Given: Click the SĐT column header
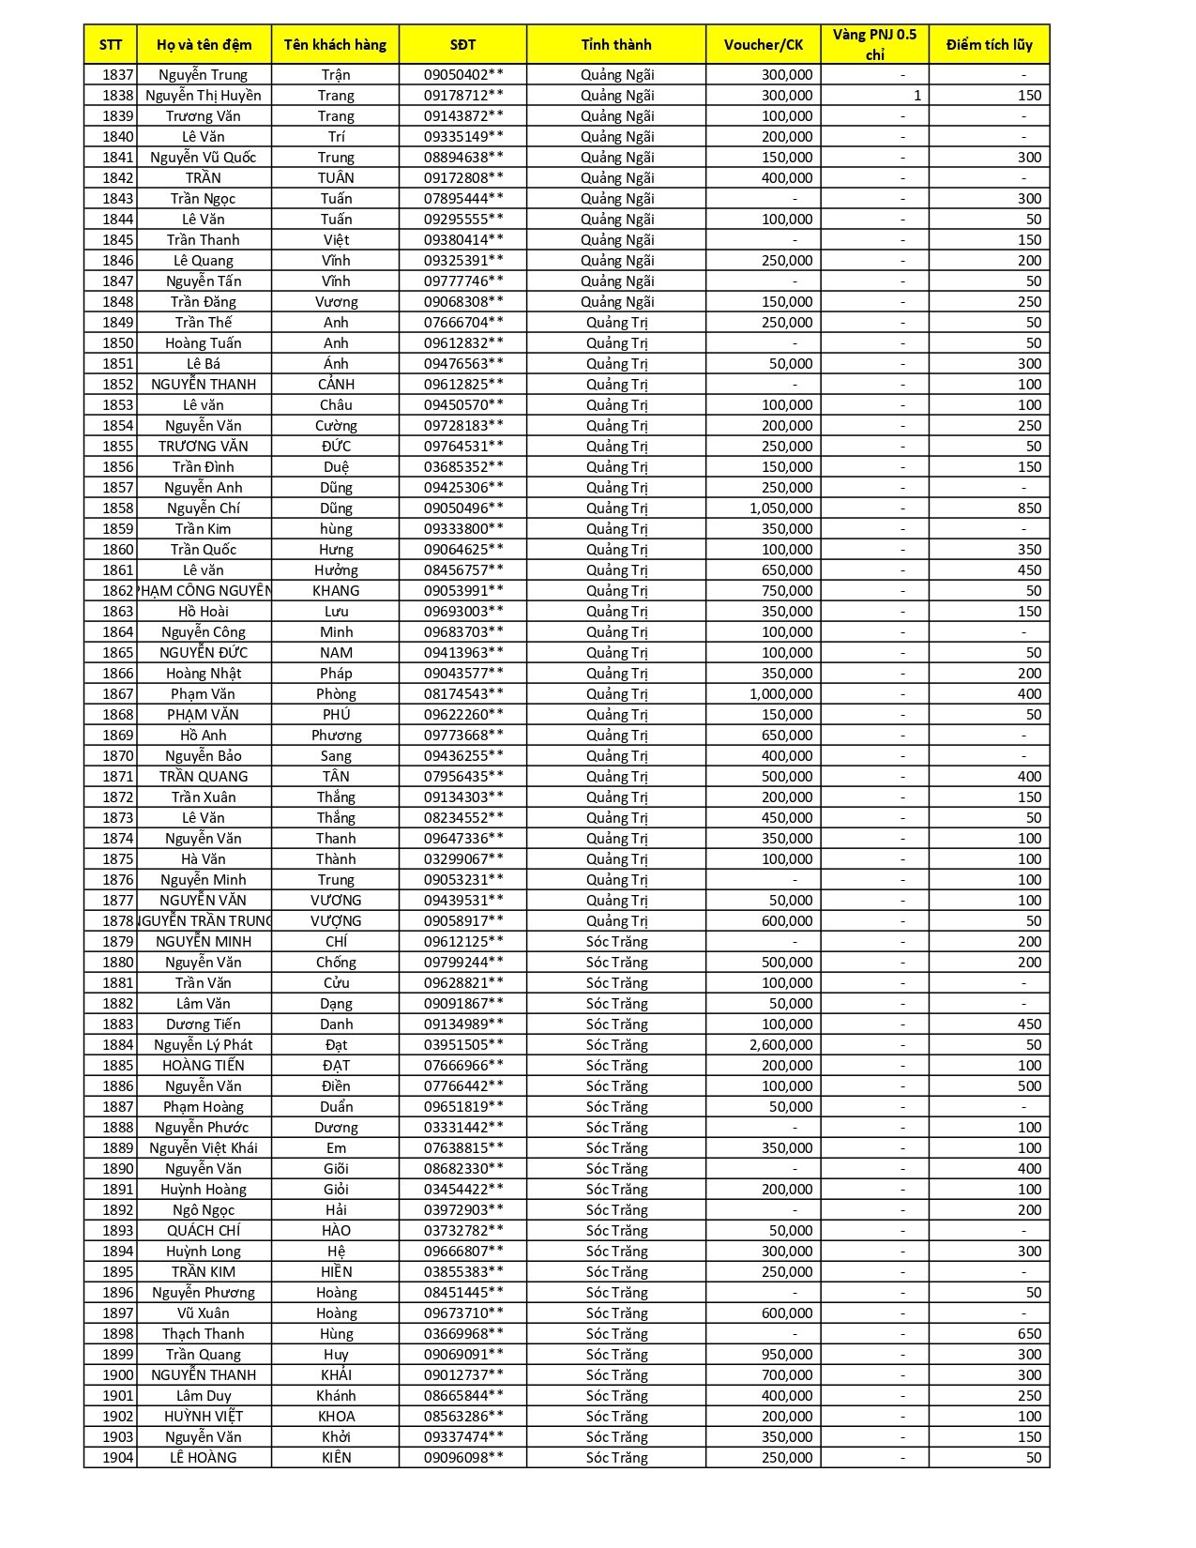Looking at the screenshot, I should point(462,44).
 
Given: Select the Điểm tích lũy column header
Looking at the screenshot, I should point(989,44).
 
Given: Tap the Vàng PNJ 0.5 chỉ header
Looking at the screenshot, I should point(874,44).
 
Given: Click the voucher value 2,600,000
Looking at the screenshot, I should point(780,1044).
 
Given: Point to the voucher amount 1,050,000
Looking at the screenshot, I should point(780,508).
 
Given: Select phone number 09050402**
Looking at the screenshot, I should point(462,74).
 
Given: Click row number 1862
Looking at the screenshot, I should point(117,590).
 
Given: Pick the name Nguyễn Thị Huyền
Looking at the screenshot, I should point(204,95).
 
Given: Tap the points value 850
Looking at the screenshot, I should point(1029,508).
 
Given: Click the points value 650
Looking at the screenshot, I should point(1029,1333).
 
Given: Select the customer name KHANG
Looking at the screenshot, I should point(336,590).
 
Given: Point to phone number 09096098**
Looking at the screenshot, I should point(462,1457).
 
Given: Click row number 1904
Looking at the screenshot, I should point(117,1457).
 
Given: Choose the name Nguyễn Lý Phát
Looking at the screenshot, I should point(204,1044).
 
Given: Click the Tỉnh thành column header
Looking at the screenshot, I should point(616,44).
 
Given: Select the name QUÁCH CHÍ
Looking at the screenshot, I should point(204,1230).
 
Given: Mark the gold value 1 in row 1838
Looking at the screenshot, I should point(916,95).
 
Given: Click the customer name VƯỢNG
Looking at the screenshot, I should point(336,920).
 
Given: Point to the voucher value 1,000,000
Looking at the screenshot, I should point(780,693).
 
